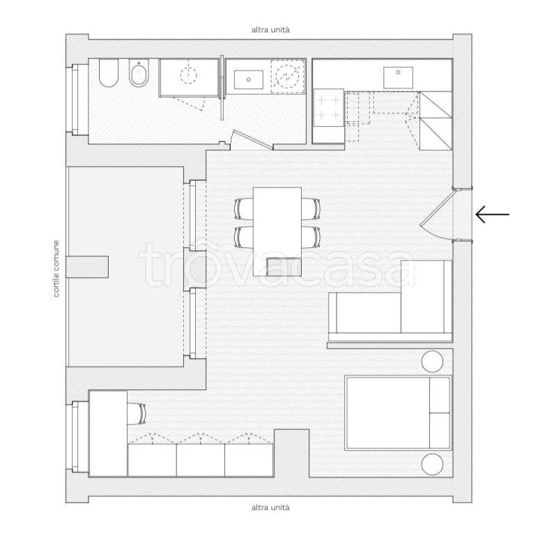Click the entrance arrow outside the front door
pos(492,215)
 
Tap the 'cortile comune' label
pos(56,268)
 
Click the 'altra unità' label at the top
pos(270,30)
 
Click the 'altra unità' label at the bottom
pos(270,507)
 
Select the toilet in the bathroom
pos(109,73)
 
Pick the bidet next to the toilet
pos(139,73)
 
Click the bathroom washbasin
pos(249,79)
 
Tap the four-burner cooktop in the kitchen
pos(329,108)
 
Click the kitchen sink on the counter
pos(398,78)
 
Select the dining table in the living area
pos(277,232)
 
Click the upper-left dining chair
pos(244,209)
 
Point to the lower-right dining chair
pos(311,237)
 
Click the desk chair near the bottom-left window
pos(137,414)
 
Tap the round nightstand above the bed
pos(432,362)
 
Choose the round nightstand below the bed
pos(432,465)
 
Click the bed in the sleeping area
pos(398,413)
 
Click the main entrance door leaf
pos(437,208)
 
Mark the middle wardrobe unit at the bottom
pos(201,460)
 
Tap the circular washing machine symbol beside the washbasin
pos(287,77)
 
